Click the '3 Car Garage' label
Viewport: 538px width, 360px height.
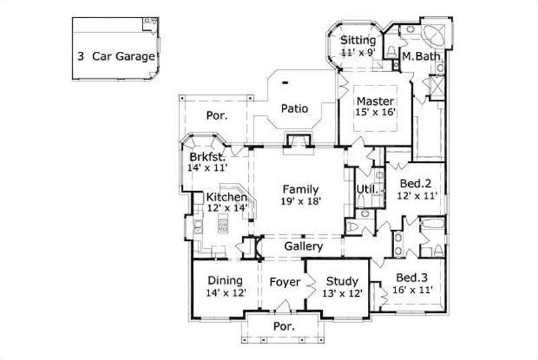(x=116, y=57)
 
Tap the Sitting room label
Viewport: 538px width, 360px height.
(x=358, y=40)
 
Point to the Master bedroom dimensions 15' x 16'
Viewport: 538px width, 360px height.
(x=375, y=113)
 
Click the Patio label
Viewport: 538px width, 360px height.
(x=294, y=108)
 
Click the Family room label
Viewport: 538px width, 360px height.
(x=300, y=189)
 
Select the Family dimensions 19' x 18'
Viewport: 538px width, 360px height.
(x=300, y=201)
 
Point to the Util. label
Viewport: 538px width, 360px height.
(x=365, y=190)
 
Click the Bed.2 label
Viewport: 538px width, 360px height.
(x=415, y=183)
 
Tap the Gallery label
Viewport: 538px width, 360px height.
(x=303, y=247)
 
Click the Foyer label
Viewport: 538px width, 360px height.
(x=285, y=282)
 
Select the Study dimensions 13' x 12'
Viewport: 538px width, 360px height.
(x=342, y=293)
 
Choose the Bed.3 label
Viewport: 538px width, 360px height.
(x=410, y=278)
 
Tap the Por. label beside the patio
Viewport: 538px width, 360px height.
(x=217, y=116)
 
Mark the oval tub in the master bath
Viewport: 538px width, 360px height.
(x=433, y=35)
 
